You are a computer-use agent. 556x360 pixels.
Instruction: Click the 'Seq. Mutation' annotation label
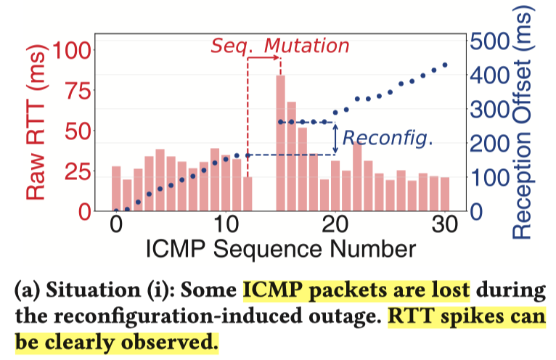tap(280, 45)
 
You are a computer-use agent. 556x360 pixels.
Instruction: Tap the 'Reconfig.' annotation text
tap(388, 138)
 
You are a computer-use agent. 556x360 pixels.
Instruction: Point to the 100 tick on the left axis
tap(74, 51)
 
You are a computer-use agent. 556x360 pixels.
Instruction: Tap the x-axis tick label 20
tap(335, 225)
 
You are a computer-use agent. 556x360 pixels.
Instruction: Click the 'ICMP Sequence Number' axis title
tap(281, 248)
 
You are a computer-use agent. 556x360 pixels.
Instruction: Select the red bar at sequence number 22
tap(357, 178)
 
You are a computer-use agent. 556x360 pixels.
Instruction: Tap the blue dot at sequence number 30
tap(445, 65)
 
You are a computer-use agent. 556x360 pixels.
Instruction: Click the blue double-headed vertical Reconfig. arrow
tap(335, 138)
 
